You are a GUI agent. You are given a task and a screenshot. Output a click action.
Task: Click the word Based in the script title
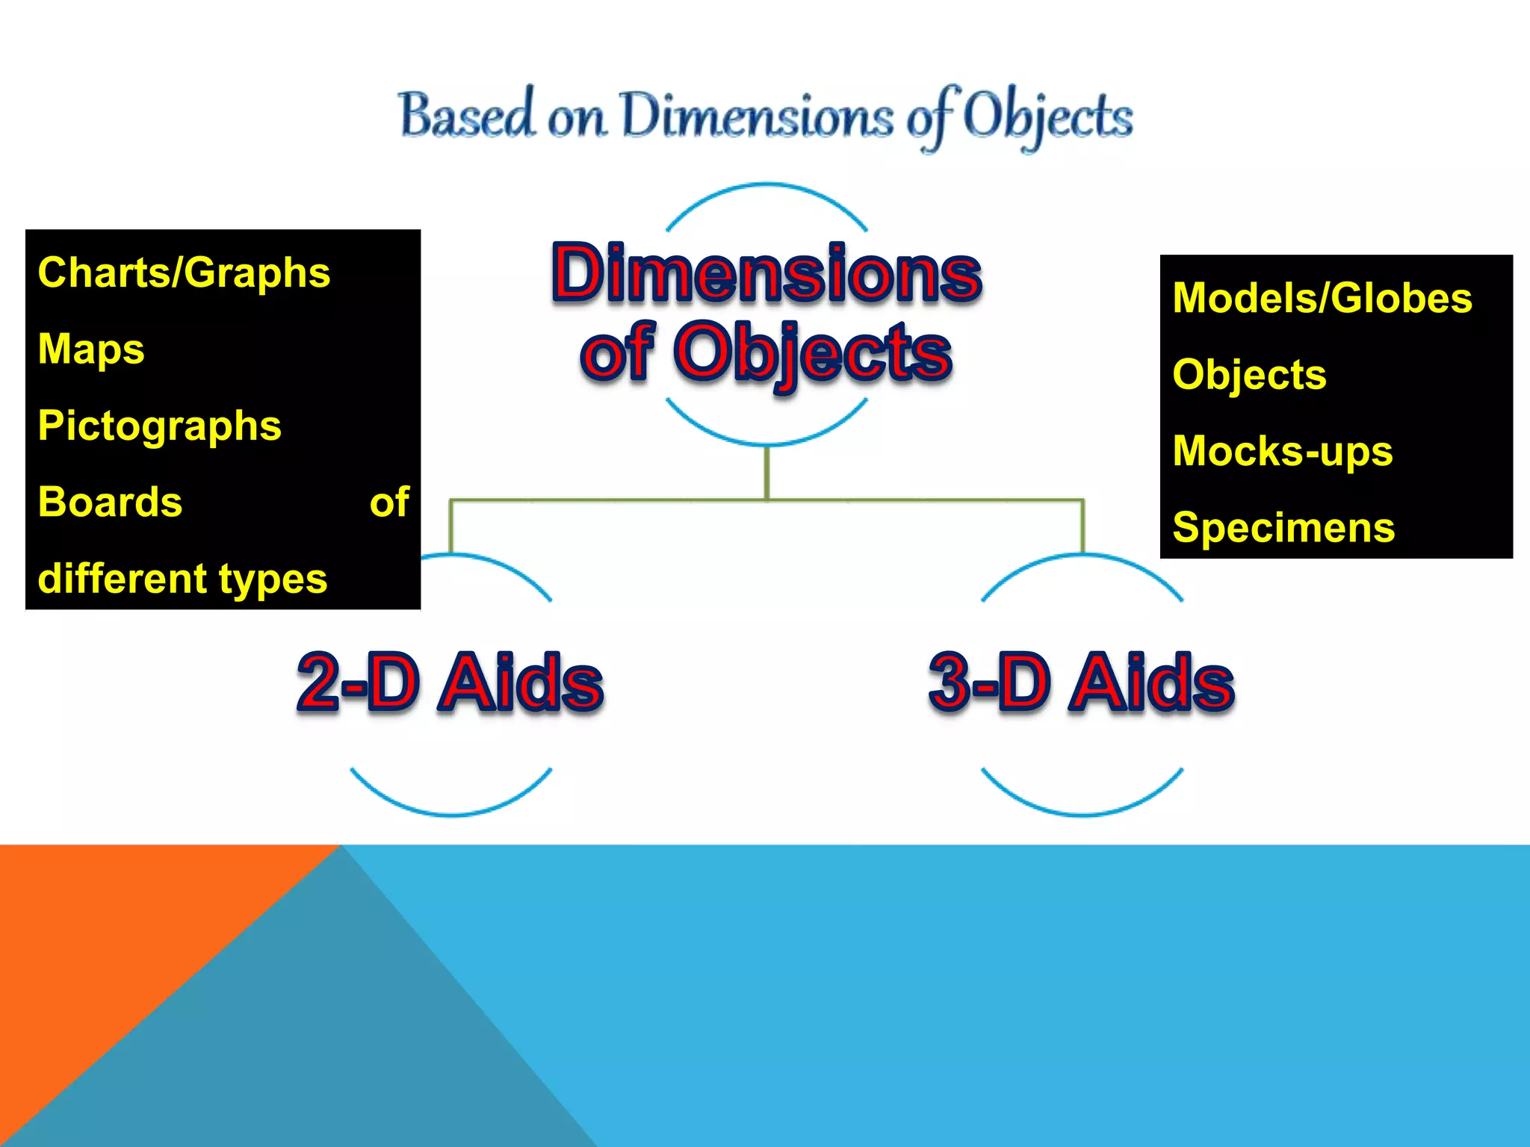(x=468, y=116)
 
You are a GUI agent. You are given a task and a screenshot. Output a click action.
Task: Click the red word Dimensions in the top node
(x=766, y=273)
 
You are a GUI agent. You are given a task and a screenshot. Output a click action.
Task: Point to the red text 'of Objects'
(x=766, y=352)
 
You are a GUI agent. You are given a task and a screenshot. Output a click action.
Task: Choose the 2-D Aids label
(x=450, y=681)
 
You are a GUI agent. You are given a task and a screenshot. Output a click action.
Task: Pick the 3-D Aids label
(x=1081, y=681)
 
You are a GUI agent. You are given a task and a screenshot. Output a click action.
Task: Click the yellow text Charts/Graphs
(x=184, y=273)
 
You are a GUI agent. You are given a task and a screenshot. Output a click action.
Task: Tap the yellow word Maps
(x=91, y=349)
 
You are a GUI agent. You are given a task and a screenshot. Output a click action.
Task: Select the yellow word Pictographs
(x=159, y=426)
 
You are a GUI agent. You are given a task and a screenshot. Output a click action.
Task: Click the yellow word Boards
(x=110, y=502)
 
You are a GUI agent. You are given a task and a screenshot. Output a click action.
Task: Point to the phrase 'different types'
(x=182, y=579)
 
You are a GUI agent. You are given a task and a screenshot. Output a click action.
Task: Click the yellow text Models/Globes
(x=1322, y=298)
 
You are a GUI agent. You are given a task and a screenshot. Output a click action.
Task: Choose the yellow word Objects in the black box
(x=1249, y=375)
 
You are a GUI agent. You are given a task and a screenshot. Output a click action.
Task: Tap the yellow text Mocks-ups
(x=1283, y=451)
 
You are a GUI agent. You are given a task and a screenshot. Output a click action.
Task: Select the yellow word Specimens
(x=1283, y=527)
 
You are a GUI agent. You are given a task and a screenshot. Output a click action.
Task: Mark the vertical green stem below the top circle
(x=766, y=473)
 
